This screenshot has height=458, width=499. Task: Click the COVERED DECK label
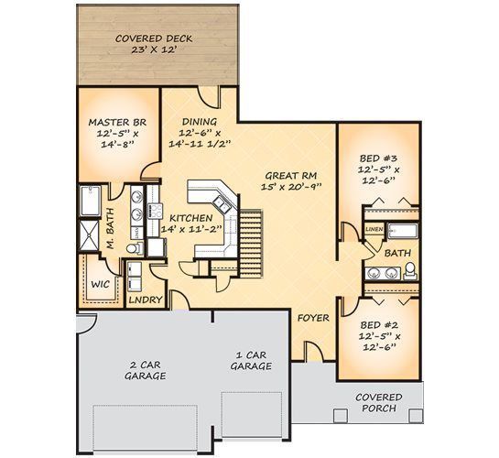point(154,38)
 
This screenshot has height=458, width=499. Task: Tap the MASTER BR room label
point(117,122)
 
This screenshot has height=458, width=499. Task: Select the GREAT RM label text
point(291,176)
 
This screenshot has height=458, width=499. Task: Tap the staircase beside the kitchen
point(251,243)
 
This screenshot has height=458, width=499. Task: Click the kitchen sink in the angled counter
point(221,204)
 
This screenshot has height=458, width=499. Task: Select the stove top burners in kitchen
point(156,211)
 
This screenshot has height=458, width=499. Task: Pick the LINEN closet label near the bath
point(374,229)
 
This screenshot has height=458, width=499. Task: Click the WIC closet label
point(100,284)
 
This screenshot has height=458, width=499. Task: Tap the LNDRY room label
point(146,300)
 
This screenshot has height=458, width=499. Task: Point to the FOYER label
point(313,318)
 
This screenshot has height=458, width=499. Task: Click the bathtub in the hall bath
point(403,231)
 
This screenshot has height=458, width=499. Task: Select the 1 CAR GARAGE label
point(251,361)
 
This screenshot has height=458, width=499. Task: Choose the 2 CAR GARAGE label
point(145,370)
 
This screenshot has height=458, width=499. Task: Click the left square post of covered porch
point(341,416)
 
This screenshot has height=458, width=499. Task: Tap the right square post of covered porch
point(416,416)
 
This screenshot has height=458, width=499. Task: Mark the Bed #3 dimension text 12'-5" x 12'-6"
point(379,175)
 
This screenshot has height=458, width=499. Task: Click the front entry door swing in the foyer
point(314,352)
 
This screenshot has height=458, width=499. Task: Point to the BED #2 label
point(379,325)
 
